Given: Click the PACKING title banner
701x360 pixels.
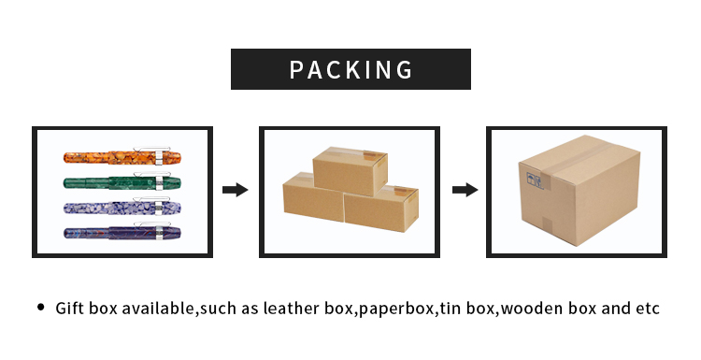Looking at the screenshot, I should point(350,69).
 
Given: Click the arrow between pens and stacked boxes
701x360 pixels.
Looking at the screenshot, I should point(235,190).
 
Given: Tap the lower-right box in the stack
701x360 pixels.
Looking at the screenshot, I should point(380,212).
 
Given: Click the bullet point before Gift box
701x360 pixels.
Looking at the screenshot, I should point(40,307).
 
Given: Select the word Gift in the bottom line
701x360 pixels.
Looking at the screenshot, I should point(70,308).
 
